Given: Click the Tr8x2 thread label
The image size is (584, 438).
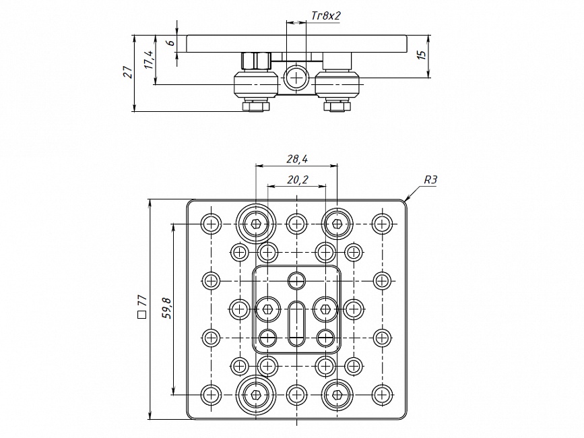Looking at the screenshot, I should [327, 14].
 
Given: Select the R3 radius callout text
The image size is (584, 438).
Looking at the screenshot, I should [431, 180].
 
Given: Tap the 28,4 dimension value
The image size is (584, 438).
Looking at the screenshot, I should [296, 159].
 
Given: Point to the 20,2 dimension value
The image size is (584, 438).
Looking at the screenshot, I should [296, 179].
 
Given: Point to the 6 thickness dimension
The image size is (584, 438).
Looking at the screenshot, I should [170, 42].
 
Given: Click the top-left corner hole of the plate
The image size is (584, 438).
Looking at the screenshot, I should [212, 223].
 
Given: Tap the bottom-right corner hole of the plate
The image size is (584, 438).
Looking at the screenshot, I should [382, 394].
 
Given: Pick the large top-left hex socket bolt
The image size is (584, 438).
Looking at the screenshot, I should [256, 222].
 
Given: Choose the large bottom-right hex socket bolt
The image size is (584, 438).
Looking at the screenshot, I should [337, 394].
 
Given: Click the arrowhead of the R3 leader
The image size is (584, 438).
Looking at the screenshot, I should [406, 199].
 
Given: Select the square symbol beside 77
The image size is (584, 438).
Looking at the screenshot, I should [141, 314].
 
